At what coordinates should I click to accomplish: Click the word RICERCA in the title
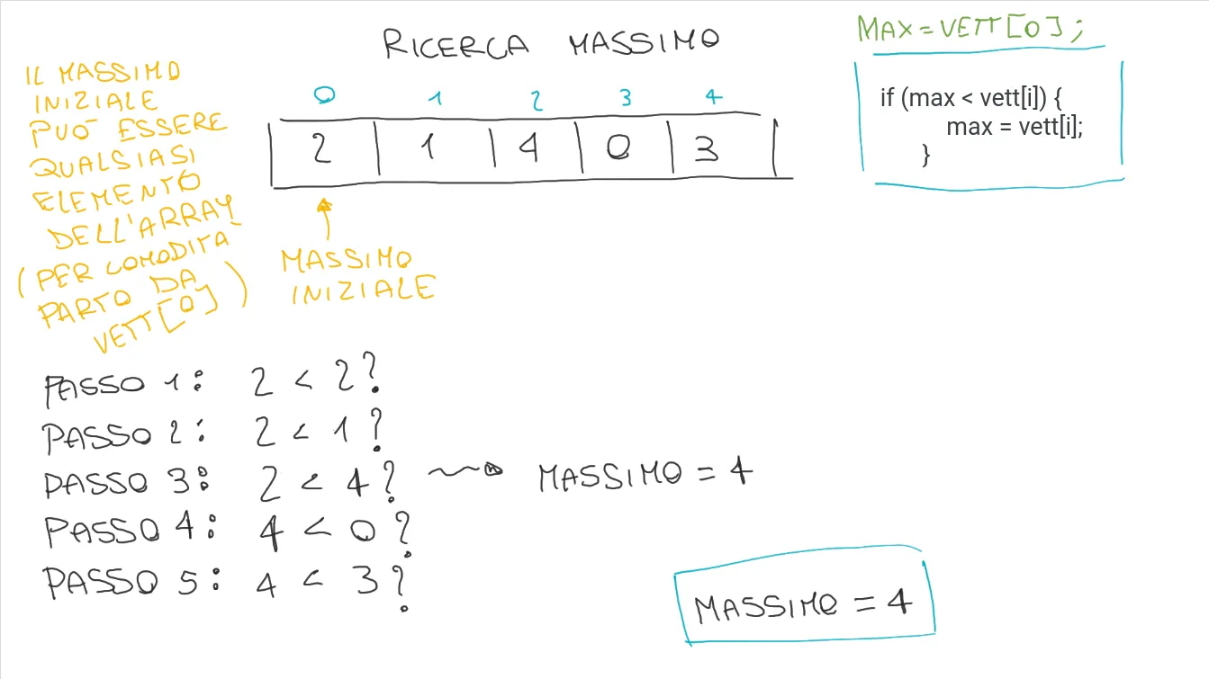456,44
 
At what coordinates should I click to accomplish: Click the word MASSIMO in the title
644,42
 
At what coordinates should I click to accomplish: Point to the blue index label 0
324,94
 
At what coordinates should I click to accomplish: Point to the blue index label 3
626,98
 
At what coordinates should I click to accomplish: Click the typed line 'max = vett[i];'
1015,126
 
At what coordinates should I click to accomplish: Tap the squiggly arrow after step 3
465,470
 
